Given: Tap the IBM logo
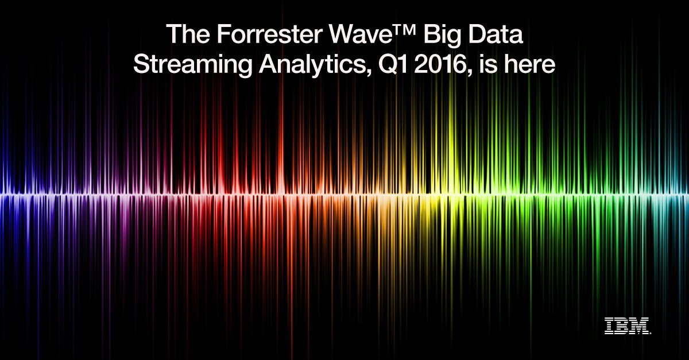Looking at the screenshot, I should tap(627, 325).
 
